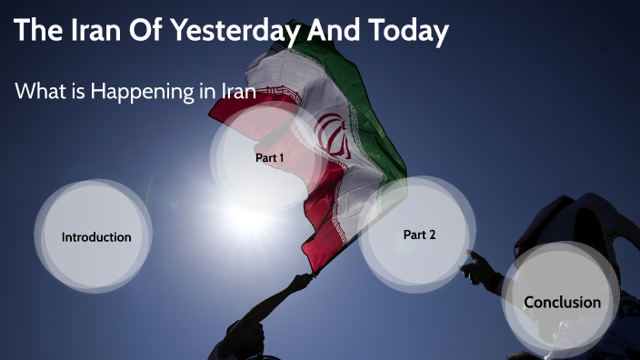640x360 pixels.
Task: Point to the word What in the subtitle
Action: click(41, 92)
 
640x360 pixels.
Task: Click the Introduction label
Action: click(96, 237)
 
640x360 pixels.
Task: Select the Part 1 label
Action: click(269, 157)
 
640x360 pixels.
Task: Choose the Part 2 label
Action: click(419, 235)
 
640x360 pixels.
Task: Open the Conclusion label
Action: click(562, 302)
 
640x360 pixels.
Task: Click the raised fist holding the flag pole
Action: click(298, 283)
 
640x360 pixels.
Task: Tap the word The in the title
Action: click(37, 32)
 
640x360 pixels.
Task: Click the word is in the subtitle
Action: click(77, 92)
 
